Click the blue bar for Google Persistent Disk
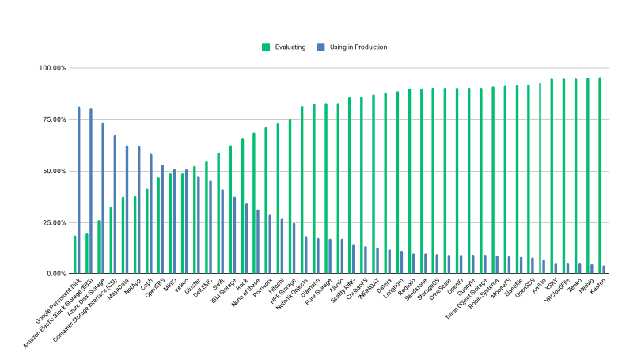pos(78,190)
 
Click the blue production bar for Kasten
pos(604,270)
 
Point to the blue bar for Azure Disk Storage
pos(103,199)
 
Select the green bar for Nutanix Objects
pos(302,190)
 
